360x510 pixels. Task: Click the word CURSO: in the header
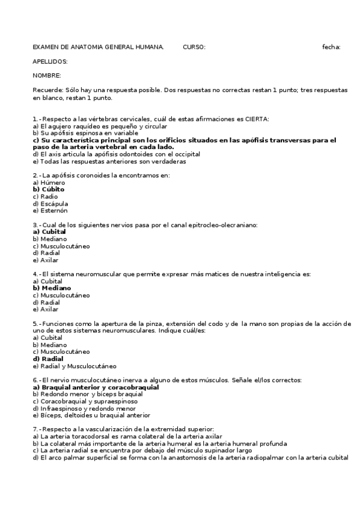pos(194,46)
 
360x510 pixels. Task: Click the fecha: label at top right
pos(331,46)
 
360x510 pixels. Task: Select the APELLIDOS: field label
pos(50,61)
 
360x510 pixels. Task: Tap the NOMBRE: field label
pos(47,75)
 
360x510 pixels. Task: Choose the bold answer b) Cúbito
pos(49,189)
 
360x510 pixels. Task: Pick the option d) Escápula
pos(50,203)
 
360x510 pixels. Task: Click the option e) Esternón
pos(50,210)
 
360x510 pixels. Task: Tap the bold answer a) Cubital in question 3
pos(49,232)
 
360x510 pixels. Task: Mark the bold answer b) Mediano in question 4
pos(51,288)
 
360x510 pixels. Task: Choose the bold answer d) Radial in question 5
pos(48,358)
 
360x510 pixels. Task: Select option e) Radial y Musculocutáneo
pos(75,366)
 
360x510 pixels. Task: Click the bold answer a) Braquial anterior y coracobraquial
pos(96,387)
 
